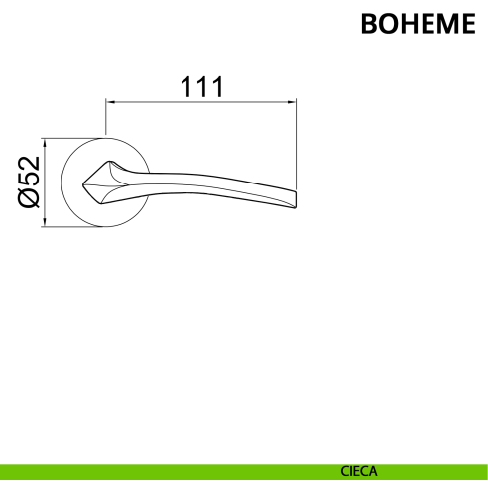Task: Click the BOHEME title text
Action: point(419,24)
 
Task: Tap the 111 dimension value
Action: point(202,87)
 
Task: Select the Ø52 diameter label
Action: point(29,183)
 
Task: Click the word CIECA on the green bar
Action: point(359,471)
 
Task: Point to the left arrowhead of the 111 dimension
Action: point(110,102)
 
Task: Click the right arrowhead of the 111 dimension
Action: point(292,102)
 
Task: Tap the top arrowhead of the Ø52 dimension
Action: point(45,143)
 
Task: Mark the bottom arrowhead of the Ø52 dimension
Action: point(45,222)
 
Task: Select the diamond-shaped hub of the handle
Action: point(100,183)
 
